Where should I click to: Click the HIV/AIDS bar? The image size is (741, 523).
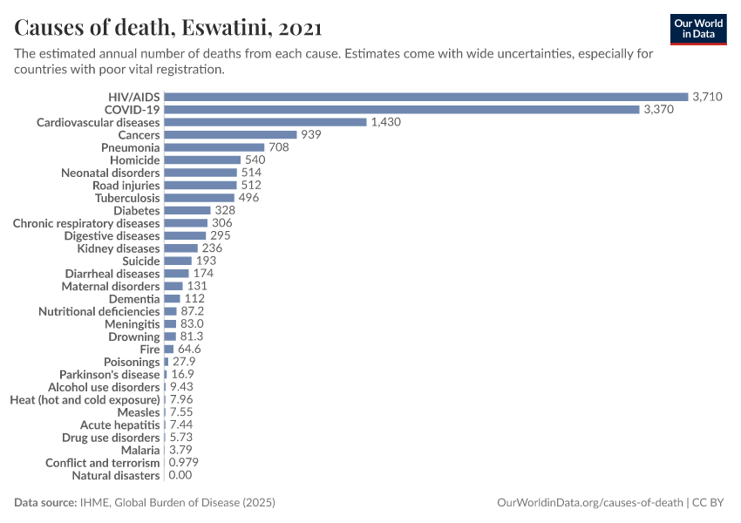426,97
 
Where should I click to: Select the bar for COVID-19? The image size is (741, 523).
402,110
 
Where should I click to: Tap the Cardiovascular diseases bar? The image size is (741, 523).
265,122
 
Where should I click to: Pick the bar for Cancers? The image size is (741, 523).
230,135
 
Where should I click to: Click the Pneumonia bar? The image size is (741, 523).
214,147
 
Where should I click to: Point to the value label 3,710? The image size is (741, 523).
707,97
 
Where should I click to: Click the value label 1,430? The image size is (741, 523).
385,122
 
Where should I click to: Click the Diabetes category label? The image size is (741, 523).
137,211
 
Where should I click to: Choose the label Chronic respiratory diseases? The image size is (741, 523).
86,223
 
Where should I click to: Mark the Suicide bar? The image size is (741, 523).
178,261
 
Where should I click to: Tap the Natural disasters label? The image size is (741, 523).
115,476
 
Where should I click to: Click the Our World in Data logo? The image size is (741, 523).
698,29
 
